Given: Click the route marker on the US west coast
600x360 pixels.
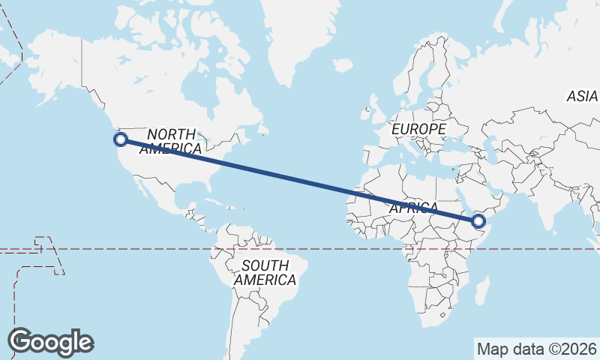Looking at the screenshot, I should point(120,139).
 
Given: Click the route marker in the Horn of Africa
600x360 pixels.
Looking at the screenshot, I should point(478,220).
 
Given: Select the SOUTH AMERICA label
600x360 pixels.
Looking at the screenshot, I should point(265,272).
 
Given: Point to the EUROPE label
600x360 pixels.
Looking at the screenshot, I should point(418,129).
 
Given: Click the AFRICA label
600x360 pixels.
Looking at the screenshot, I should point(413,208).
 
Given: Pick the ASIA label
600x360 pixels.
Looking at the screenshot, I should point(581,96).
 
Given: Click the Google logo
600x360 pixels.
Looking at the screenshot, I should point(51,342).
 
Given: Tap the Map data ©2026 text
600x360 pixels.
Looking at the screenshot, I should point(537,349).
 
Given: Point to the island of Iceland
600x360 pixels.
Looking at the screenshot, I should point(342,65).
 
